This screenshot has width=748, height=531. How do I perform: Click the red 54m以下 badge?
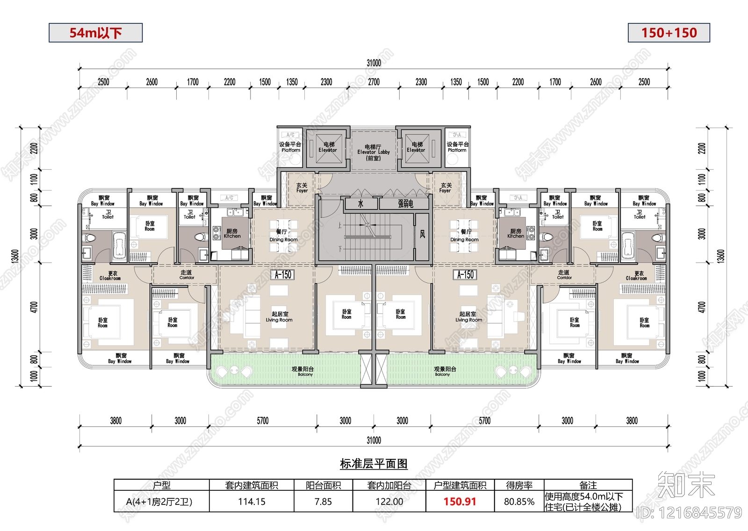[95, 33]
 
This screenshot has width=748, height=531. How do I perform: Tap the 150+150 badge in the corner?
[669, 33]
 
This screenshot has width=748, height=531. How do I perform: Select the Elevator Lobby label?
[373, 152]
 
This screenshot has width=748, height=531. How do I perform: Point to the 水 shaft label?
[360, 204]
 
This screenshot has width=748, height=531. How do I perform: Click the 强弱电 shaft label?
[405, 204]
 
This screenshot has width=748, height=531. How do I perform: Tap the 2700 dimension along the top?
[374, 82]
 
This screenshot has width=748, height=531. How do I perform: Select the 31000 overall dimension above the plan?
[374, 63]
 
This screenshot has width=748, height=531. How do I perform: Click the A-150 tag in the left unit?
[283, 275]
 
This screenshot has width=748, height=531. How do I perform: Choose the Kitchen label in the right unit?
[516, 234]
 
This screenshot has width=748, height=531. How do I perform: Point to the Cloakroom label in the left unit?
[110, 276]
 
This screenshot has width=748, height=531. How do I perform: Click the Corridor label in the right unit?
[564, 274]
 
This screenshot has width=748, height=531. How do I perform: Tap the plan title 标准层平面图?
[374, 464]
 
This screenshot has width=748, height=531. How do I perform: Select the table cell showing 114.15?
[252, 502]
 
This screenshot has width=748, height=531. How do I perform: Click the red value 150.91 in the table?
[460, 502]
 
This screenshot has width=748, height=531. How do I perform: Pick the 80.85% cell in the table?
[519, 502]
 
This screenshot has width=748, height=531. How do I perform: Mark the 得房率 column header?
[519, 486]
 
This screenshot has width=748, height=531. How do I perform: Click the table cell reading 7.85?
[323, 502]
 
